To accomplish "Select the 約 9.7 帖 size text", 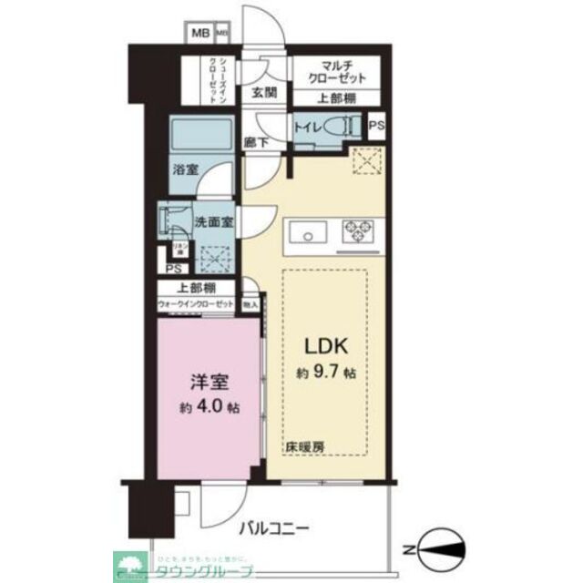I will pyautogui.click(x=324, y=373).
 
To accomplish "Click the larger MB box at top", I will pyautogui.click(x=199, y=35).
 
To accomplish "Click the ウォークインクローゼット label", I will pyautogui.click(x=195, y=304).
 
